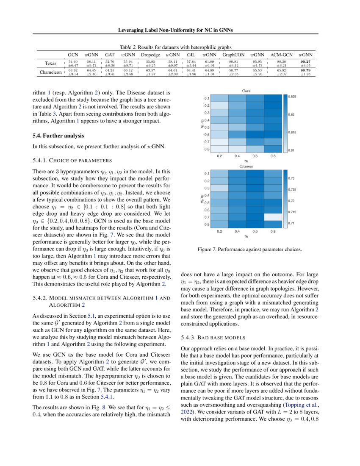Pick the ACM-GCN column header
pyautogui.click(x=282, y=55)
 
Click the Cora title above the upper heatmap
pyautogui.click(x=246, y=91)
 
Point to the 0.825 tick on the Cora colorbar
pyautogui.click(x=292, y=97)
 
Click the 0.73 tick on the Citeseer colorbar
pyautogui.click(x=291, y=179)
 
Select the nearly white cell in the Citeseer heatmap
pyautogui.click(x=272, y=217)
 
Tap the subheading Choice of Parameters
pyautogui.click(x=72, y=161)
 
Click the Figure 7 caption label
pyautogui.click(x=207, y=250)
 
